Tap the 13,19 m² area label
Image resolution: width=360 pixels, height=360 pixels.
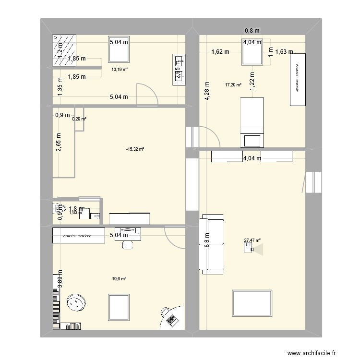click(x=120, y=70)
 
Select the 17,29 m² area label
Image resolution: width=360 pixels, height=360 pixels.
click(x=233, y=85)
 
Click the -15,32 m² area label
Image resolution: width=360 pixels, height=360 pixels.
click(x=135, y=149)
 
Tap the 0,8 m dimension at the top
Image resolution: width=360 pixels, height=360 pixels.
click(x=252, y=31)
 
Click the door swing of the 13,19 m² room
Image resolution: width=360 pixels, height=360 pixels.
click(x=146, y=94)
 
